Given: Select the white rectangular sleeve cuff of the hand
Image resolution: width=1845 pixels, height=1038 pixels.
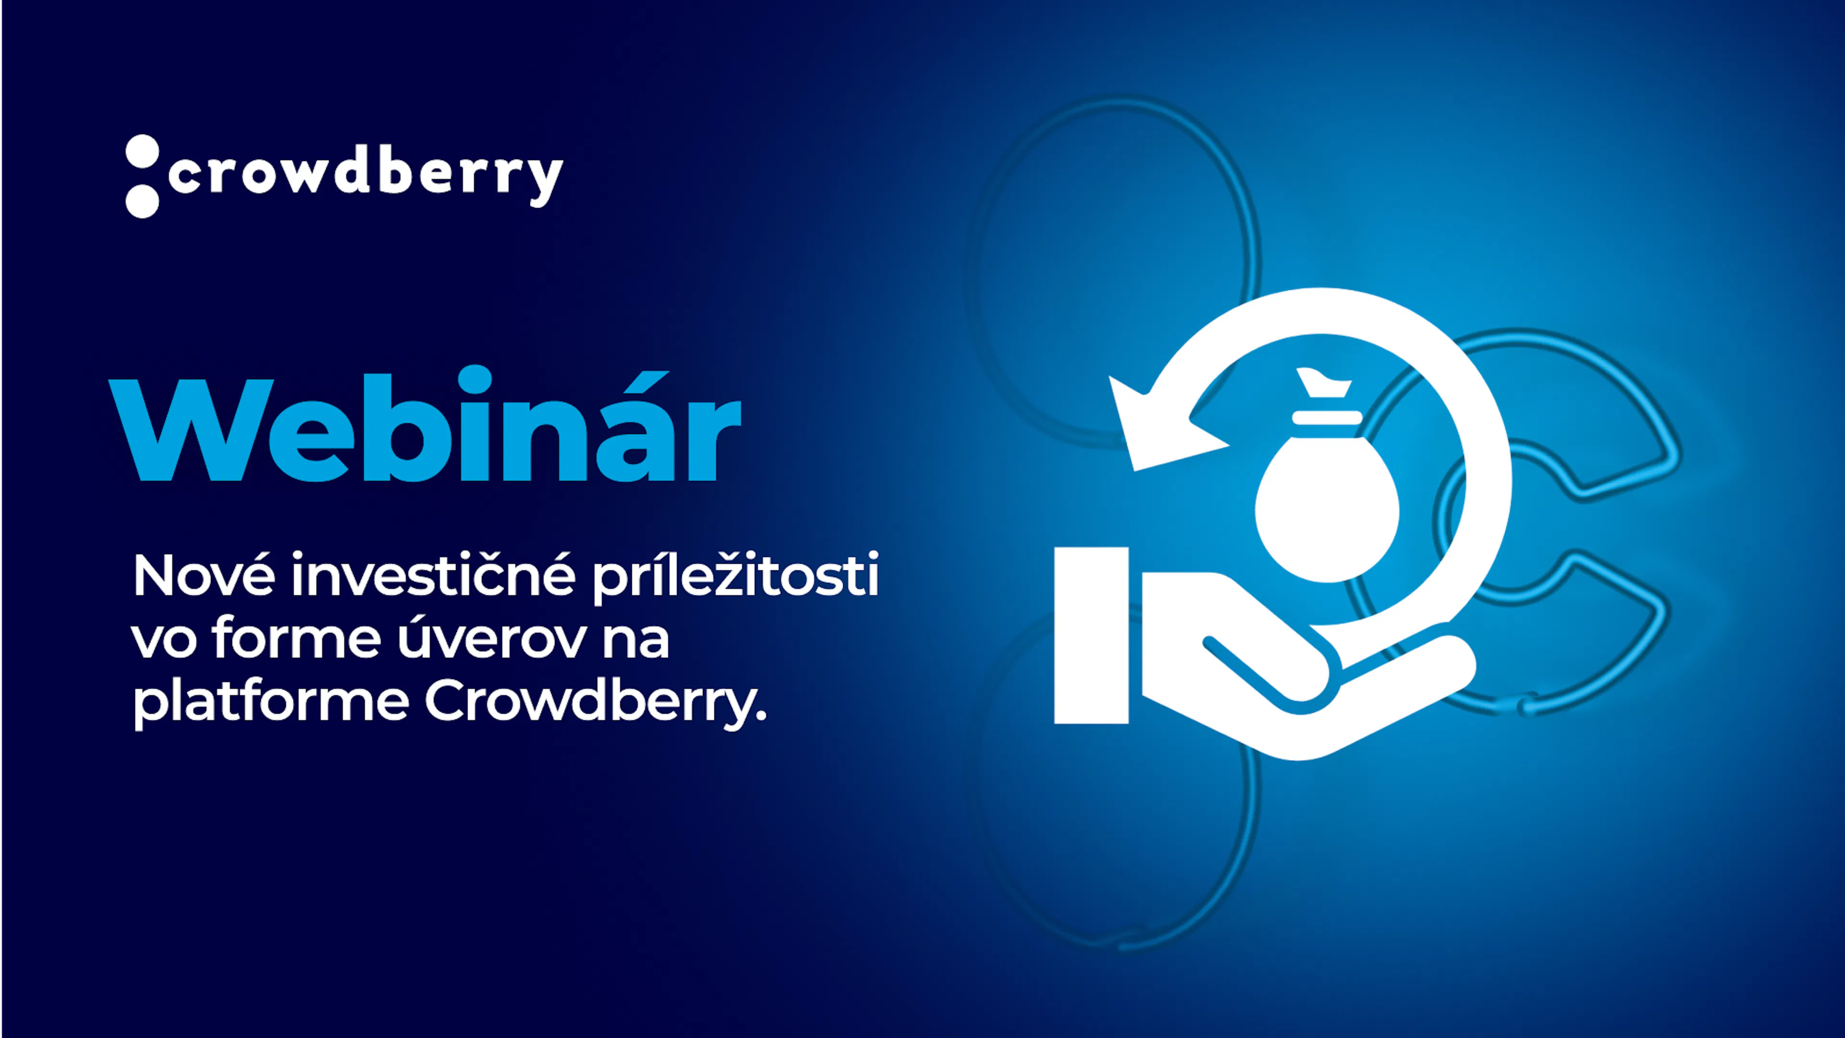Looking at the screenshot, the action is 1092,635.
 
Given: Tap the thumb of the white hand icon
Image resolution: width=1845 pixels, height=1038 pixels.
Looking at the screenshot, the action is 1268,670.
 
